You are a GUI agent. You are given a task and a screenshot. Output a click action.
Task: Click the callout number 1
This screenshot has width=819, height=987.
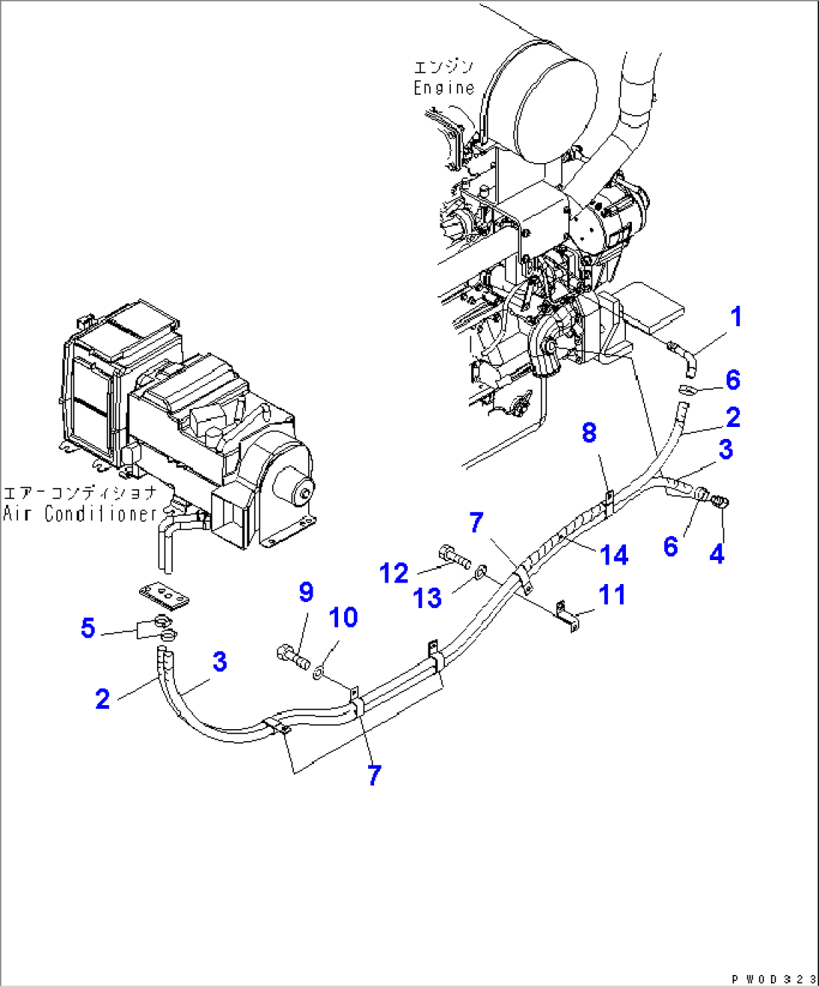click(736, 317)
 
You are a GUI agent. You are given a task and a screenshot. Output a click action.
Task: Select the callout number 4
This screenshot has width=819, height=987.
click(717, 555)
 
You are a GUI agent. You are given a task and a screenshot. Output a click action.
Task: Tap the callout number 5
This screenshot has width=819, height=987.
click(88, 628)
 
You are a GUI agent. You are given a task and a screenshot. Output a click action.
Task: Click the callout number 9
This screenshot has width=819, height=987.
click(306, 592)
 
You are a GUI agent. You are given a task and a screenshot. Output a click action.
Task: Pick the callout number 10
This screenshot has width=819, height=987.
click(343, 618)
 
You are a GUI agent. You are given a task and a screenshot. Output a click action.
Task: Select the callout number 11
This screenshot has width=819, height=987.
click(612, 595)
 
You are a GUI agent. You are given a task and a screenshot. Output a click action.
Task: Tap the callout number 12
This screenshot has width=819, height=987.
click(394, 573)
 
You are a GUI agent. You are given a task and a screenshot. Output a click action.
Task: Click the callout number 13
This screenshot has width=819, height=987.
click(428, 598)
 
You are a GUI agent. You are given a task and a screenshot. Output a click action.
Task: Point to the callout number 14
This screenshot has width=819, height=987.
click(614, 556)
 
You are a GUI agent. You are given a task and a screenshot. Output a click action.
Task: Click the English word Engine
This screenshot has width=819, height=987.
click(444, 87)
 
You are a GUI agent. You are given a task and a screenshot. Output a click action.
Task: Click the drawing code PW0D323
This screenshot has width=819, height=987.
click(773, 979)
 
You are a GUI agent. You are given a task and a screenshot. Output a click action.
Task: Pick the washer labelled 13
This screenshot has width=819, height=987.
click(482, 575)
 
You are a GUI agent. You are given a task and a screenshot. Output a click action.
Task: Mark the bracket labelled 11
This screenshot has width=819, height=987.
click(567, 615)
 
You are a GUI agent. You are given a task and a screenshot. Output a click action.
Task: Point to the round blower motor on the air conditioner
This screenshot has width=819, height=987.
click(294, 489)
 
